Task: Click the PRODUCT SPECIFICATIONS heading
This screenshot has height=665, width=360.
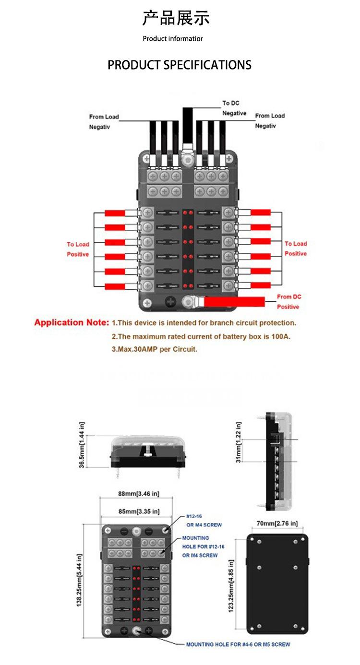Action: point(180,65)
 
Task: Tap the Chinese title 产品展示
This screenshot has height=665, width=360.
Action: point(176,18)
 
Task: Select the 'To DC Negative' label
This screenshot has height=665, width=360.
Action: point(234,108)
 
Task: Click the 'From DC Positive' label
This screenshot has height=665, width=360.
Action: point(288,302)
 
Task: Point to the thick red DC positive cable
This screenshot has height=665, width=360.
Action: point(234,302)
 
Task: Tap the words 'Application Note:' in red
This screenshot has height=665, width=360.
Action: point(72,322)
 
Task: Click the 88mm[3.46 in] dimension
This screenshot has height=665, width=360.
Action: point(139,494)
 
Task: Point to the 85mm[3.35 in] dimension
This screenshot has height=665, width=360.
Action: point(139,511)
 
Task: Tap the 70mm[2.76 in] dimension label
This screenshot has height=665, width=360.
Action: point(277,523)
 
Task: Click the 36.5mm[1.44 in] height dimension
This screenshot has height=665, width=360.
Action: point(82,445)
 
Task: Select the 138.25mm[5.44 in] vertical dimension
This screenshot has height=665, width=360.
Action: point(79,580)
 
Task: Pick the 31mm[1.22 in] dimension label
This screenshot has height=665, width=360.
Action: point(238,442)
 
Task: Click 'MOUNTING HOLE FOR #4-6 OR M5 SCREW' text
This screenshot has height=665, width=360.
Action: point(238,644)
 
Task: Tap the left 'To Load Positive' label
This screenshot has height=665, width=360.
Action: point(78,249)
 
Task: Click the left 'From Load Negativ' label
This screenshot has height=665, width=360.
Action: point(104,122)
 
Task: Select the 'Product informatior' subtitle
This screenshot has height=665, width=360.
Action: point(173,38)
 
